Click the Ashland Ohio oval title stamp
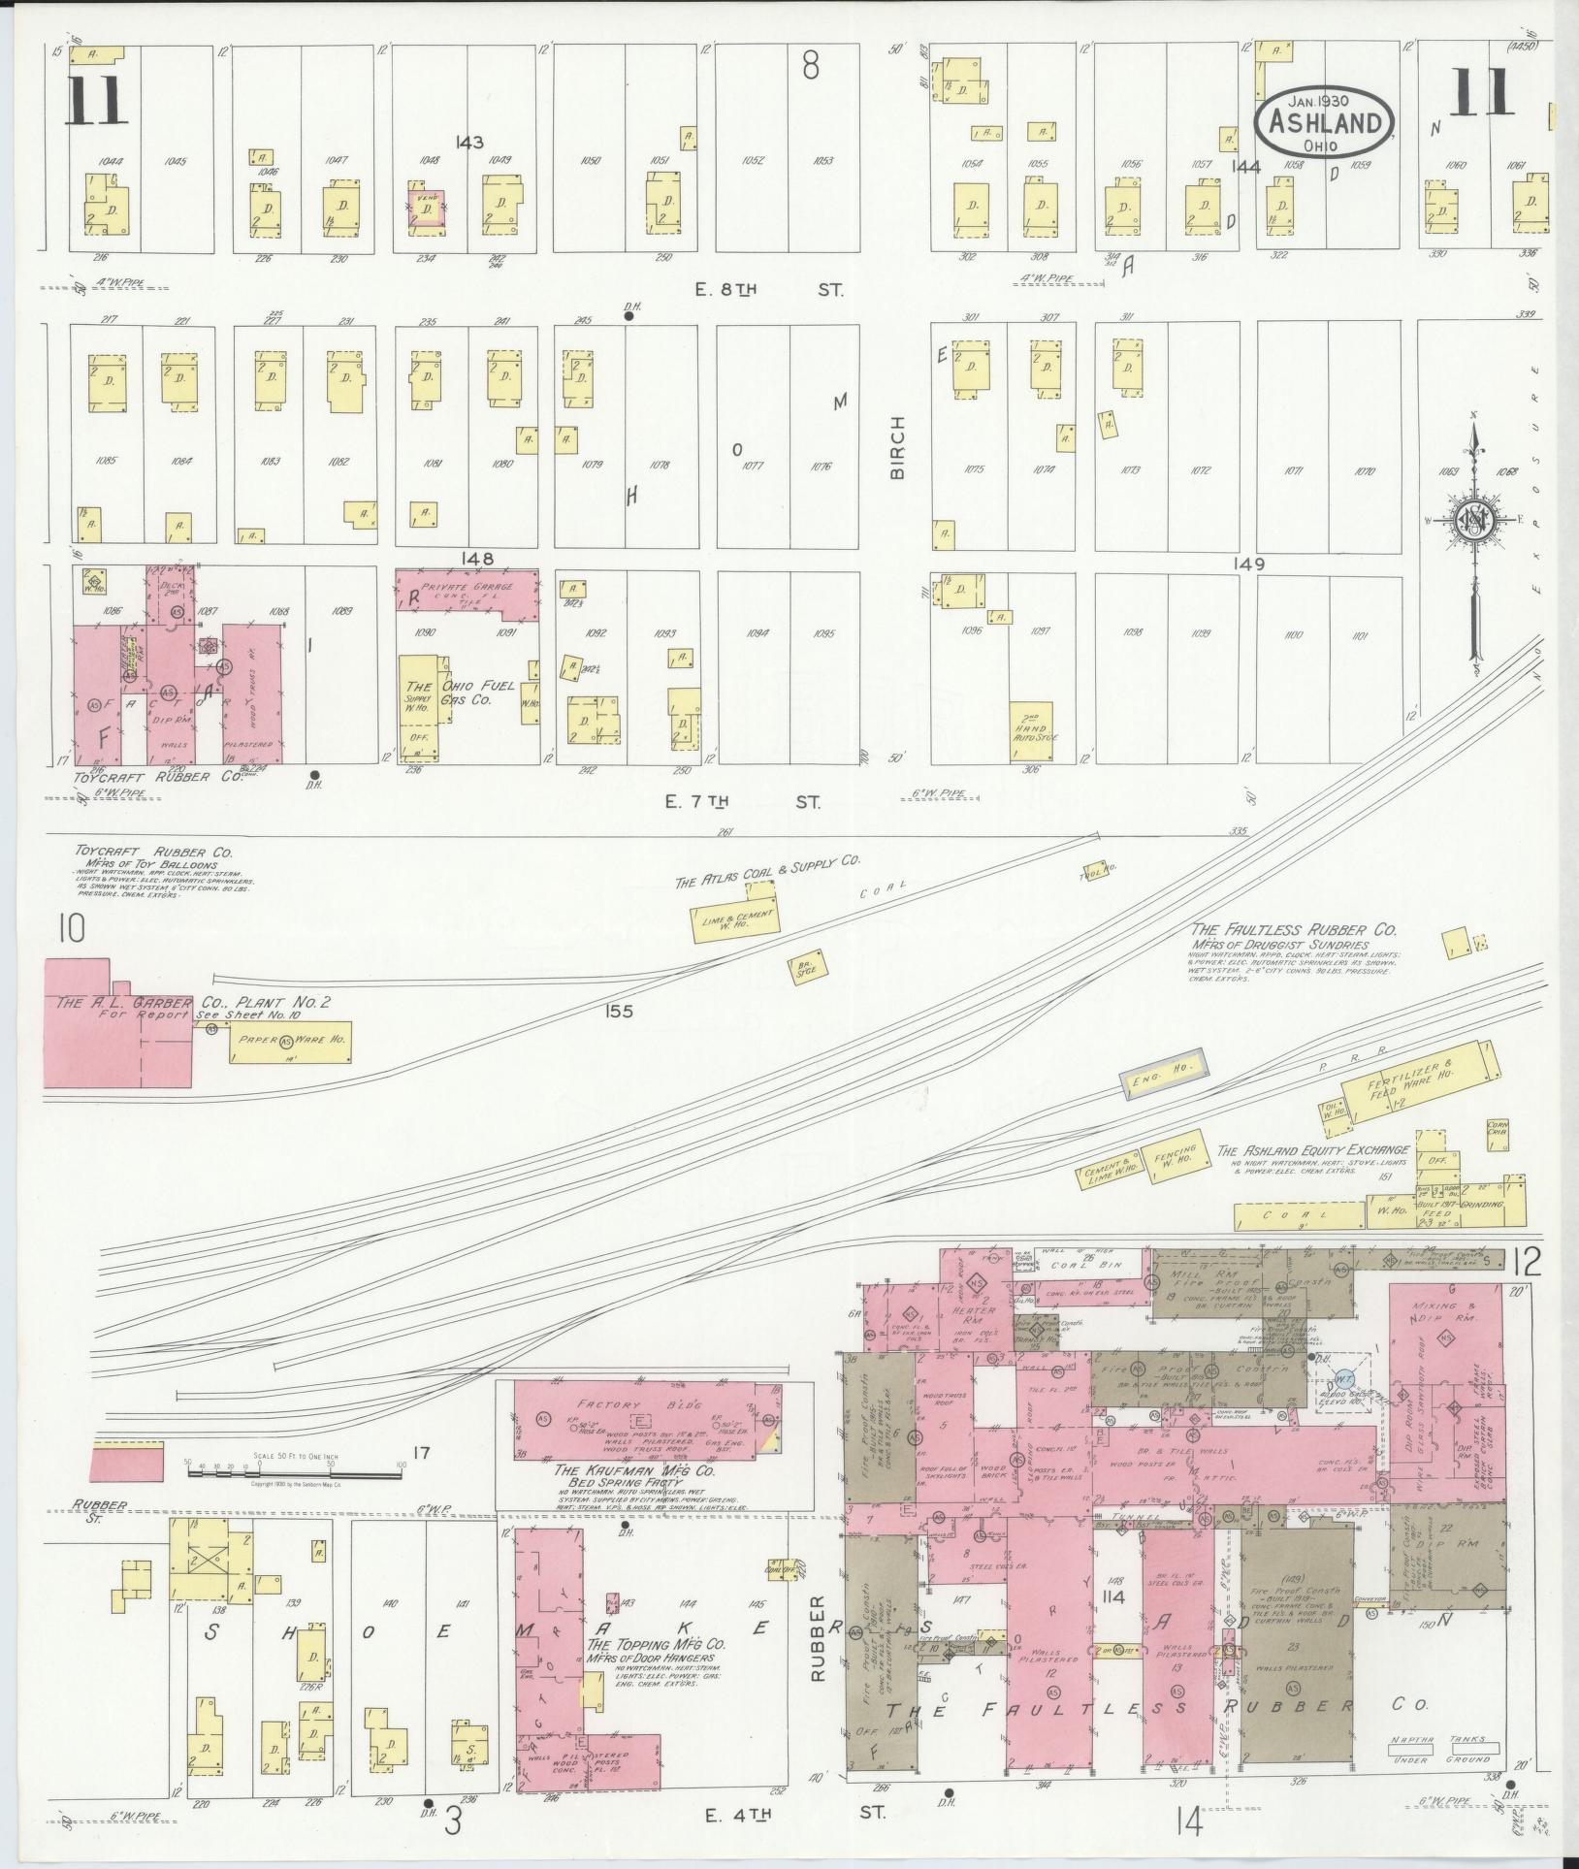pyautogui.click(x=1325, y=121)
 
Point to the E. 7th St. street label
pyautogui.click(x=742, y=801)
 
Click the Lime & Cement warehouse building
pyautogui.click(x=734, y=920)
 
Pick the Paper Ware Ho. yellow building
pyautogui.click(x=288, y=1044)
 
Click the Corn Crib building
pyautogui.click(x=1498, y=1132)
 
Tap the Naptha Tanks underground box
pyautogui.click(x=1439, y=1751)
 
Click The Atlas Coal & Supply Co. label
pyautogui.click(x=768, y=871)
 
